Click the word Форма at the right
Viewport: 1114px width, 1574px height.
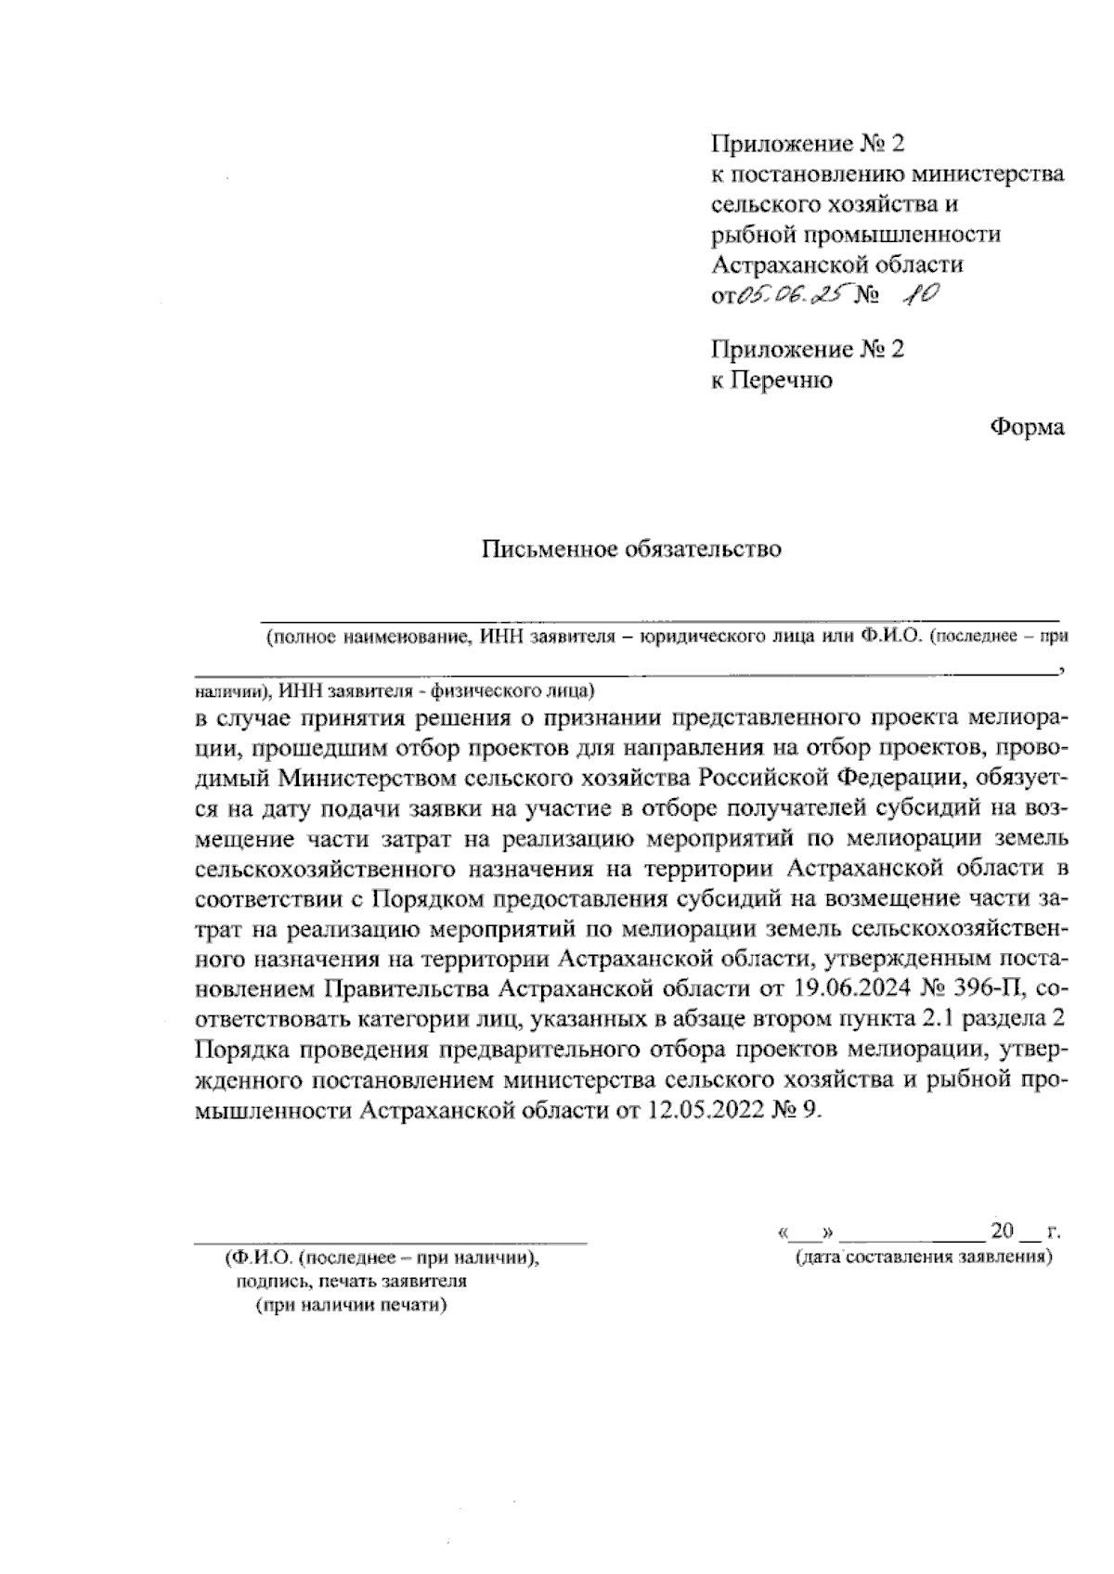[1027, 427]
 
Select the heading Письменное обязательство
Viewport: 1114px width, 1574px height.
[631, 549]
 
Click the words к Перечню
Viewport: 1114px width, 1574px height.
[771, 380]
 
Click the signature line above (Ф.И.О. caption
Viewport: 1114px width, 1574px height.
[390, 1240]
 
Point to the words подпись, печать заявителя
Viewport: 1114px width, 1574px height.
[351, 1282]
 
